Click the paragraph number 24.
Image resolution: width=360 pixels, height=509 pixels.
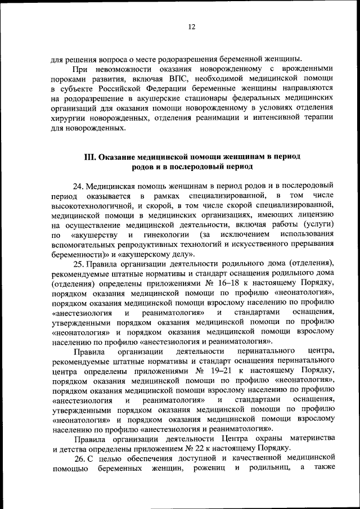pos(78,185)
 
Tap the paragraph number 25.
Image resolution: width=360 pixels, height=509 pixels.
pos(78,263)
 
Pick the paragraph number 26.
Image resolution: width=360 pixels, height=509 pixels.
pos(78,458)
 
